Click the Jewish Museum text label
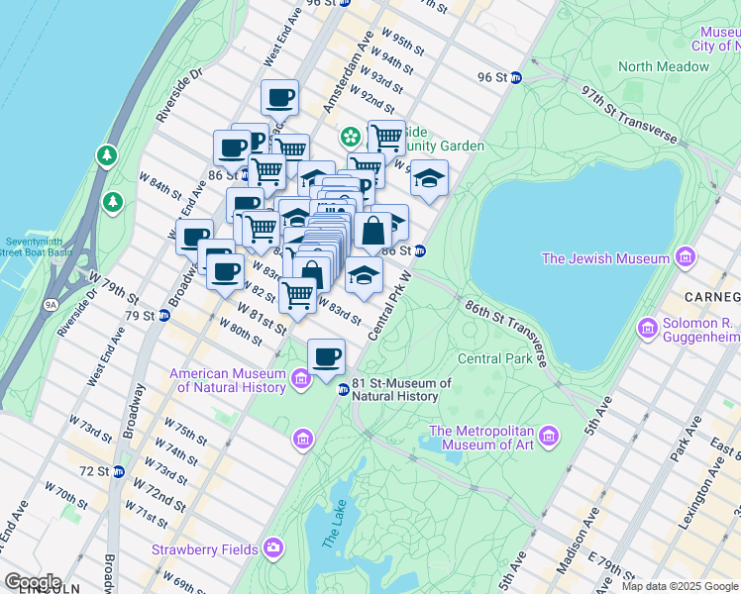pyautogui.click(x=605, y=258)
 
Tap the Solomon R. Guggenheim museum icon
pyautogui.click(x=650, y=328)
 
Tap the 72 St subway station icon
pyautogui.click(x=119, y=470)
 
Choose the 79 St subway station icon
pyautogui.click(x=165, y=316)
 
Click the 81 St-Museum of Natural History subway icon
pyautogui.click(x=344, y=389)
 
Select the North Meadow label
pyautogui.click(x=663, y=66)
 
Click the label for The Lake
pyautogui.click(x=330, y=536)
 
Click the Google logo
pyautogui.click(x=32, y=582)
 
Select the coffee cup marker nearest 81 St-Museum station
pyautogui.click(x=326, y=356)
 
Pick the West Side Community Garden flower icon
pyautogui.click(x=350, y=136)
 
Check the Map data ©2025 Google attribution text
pyautogui.click(x=680, y=586)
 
